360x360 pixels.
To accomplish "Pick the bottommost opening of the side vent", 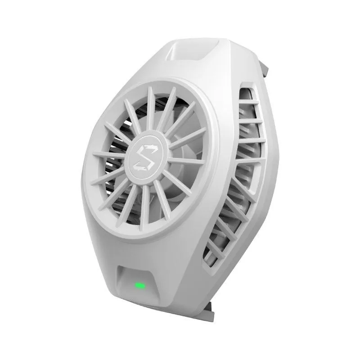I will (x=208, y=256).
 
